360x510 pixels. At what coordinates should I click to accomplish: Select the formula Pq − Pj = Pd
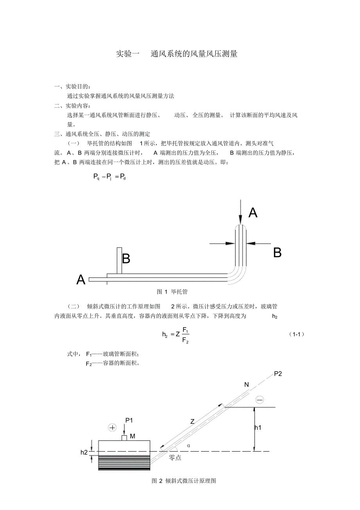click(x=110, y=177)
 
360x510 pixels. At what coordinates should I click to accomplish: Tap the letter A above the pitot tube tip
click(x=253, y=213)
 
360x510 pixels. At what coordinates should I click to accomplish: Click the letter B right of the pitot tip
click(x=277, y=253)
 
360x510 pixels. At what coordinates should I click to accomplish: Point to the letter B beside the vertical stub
click(x=126, y=259)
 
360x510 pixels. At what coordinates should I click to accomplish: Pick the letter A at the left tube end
click(x=81, y=280)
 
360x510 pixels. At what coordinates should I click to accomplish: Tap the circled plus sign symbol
click(x=113, y=427)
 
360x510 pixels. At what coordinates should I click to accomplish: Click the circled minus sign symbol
click(x=259, y=400)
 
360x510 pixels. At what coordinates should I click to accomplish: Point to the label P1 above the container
click(x=129, y=420)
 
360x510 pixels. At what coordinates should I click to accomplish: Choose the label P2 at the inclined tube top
click(x=278, y=374)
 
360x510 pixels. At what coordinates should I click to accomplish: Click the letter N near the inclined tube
click(x=247, y=384)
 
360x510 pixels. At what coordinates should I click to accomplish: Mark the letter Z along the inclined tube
click(x=192, y=422)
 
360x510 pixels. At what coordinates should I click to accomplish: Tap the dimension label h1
click(x=258, y=428)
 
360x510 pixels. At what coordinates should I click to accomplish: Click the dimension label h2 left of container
click(x=84, y=452)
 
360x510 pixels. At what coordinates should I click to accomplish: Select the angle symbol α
click(x=188, y=445)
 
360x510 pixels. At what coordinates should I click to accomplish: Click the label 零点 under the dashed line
click(x=175, y=458)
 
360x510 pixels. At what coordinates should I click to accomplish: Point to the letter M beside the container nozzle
click(x=133, y=436)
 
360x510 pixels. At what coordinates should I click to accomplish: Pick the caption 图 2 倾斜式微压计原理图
click(x=184, y=481)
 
